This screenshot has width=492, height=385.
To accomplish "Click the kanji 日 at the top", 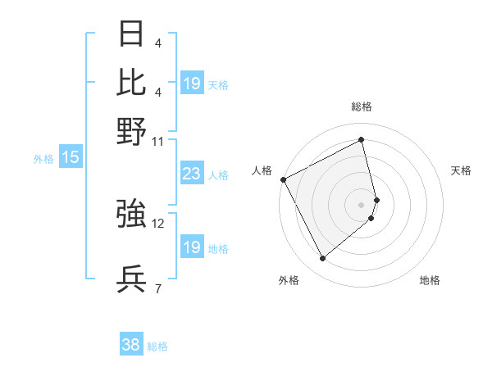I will point(131,34).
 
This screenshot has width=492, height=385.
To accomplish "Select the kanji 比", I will point(131,83).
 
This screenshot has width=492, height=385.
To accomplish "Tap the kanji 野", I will point(131,131).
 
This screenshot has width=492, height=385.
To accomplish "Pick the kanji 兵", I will point(131,279).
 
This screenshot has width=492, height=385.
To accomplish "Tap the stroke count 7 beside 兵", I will point(157,288).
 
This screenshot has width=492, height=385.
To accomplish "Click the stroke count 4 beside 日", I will point(157,43).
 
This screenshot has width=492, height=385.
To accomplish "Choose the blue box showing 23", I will point(191,174).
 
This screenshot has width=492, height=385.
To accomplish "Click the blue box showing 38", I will point(131,345).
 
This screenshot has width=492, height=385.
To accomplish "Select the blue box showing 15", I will point(71,158).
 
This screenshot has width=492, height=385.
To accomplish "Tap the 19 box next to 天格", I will point(191,84).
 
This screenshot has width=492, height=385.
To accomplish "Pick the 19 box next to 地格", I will point(191,247).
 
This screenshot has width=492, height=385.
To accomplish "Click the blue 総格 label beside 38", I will point(157,346).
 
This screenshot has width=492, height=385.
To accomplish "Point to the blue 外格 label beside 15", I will point(43,159).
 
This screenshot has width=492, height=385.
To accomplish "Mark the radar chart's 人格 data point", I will point(283,179).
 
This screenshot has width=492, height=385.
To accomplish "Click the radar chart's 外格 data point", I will point(323,259).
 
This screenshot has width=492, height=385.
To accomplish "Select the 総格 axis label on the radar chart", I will point(362,106).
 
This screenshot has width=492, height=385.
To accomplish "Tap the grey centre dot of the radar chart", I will point(362,203).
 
